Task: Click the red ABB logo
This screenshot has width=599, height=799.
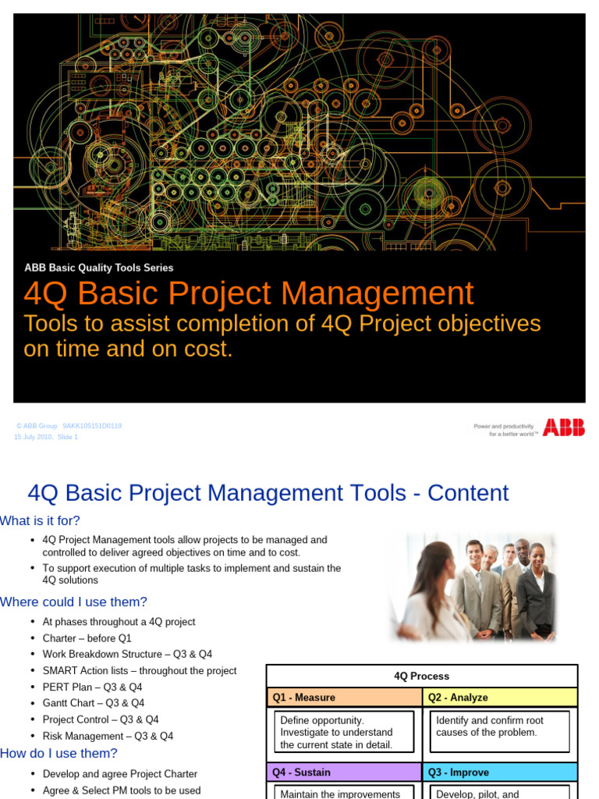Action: point(563,428)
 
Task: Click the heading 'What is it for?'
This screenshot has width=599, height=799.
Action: point(40,520)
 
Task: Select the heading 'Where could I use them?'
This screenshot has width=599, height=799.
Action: point(73,602)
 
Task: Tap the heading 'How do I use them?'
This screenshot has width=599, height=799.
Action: point(58,753)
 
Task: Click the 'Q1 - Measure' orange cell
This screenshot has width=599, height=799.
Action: point(344,698)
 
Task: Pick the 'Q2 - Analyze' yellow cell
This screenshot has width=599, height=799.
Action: point(499,698)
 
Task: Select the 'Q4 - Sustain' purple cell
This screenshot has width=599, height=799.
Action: point(344,772)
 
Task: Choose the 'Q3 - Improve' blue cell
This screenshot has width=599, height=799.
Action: point(499,772)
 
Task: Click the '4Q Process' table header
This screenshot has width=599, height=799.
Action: point(421,676)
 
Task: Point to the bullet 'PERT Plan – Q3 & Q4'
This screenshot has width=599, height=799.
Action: point(103,687)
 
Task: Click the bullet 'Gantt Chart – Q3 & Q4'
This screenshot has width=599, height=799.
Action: point(106,703)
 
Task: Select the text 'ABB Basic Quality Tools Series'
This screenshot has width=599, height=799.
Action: point(99,268)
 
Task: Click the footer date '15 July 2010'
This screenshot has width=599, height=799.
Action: point(33,437)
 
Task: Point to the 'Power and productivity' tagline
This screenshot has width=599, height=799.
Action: point(504,426)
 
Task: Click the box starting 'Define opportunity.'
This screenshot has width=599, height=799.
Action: point(344,732)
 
